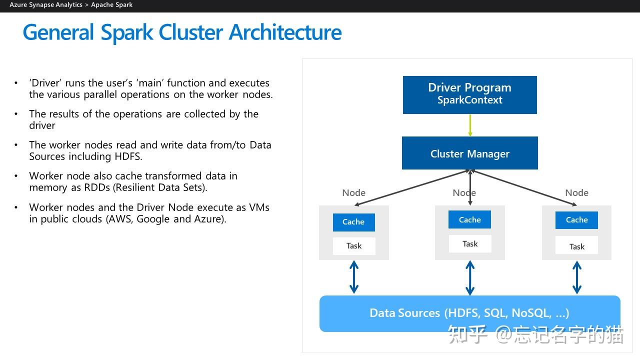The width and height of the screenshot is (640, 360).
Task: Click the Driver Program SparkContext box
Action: pos(469,94)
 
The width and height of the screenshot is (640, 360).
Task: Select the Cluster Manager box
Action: pos(469,153)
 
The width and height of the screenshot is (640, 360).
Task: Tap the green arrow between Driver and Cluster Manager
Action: pos(470,125)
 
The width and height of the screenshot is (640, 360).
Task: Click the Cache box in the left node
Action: pos(353,222)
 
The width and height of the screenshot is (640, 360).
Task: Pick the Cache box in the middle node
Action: pos(469,219)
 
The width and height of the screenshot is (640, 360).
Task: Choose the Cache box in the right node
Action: pos(576,220)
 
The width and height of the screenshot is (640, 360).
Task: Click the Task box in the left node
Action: pos(353,246)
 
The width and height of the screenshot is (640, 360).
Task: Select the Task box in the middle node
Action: pos(469,244)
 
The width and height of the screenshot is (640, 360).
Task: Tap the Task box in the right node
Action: pos(576,246)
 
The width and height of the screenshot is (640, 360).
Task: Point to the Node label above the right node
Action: pos(576,193)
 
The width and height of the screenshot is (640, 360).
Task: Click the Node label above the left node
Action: pos(353,193)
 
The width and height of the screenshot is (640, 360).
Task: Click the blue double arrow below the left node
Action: pos(354,277)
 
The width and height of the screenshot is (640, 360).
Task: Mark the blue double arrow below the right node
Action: pos(576,277)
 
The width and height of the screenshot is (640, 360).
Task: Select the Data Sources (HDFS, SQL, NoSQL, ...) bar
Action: pos(469,313)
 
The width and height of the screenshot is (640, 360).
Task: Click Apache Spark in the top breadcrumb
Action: pos(111,5)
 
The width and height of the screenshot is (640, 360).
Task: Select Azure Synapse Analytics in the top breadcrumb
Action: pos(46,5)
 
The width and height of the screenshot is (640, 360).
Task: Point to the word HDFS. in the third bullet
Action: pos(127,156)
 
